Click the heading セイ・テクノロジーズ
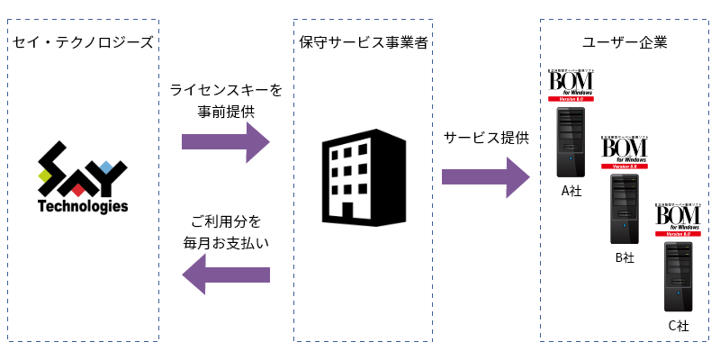tap(83, 42)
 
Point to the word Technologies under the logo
tap(83, 207)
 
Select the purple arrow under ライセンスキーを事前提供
tap(226, 141)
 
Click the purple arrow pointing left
tap(226, 274)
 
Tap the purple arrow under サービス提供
tap(486, 176)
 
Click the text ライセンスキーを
tap(226, 90)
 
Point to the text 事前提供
tap(226, 112)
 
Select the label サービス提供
tap(486, 137)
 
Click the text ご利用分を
tap(226, 220)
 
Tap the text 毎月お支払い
tap(226, 243)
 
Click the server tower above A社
tap(571, 141)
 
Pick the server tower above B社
tap(625, 209)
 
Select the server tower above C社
tap(679, 276)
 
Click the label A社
tap(571, 190)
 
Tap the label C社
tap(679, 325)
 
